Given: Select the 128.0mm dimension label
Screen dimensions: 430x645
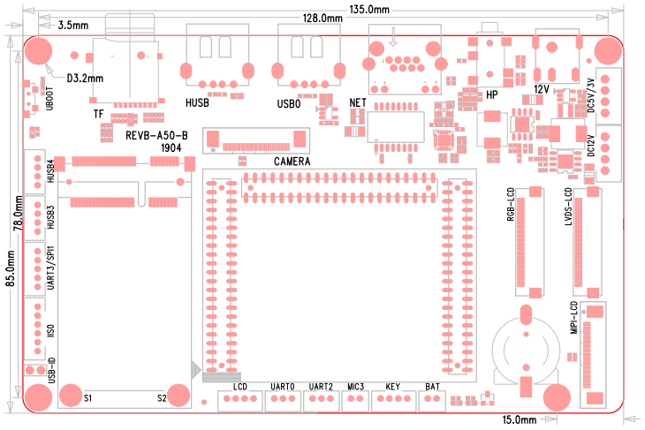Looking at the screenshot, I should tap(322, 19).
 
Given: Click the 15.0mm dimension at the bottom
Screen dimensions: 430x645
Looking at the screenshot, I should tap(520, 419).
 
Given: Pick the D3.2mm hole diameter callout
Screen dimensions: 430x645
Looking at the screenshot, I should tap(85, 78).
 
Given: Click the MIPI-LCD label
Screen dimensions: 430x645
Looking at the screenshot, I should tap(574, 320).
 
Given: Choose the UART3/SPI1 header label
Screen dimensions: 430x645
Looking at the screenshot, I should tap(51, 268).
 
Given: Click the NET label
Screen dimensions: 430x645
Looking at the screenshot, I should tap(358, 102).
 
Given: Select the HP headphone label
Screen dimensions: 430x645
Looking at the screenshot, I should tap(492, 94).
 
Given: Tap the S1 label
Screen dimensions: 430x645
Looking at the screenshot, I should tap(87, 398).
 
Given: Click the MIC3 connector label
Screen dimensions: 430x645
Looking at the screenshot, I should tap(356, 387).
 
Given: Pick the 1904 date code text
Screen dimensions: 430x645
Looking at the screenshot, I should tap(171, 148).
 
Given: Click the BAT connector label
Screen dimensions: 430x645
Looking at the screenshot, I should tap(432, 387).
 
